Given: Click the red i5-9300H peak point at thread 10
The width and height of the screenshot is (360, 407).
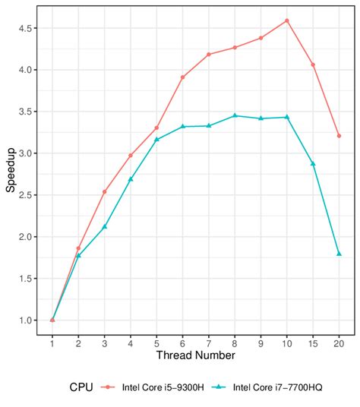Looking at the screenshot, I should pyautogui.click(x=286, y=21).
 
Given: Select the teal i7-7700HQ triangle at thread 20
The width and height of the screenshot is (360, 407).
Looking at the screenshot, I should pyautogui.click(x=339, y=254).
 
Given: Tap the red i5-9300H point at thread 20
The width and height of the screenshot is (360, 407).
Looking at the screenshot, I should pyautogui.click(x=339, y=136).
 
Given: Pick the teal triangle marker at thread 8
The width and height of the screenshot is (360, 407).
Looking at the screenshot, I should pyautogui.click(x=235, y=115).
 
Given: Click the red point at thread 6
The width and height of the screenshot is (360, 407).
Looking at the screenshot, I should pyautogui.click(x=182, y=77).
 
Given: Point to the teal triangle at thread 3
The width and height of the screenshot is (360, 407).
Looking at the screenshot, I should pyautogui.click(x=104, y=226).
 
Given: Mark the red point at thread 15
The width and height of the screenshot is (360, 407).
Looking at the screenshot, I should pyautogui.click(x=313, y=65).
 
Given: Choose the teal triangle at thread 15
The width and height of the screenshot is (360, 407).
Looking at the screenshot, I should pyautogui.click(x=313, y=163).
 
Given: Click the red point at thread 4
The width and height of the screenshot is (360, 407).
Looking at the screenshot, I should pyautogui.click(x=131, y=155).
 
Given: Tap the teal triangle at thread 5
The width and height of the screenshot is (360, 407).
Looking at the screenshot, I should pyautogui.click(x=156, y=140).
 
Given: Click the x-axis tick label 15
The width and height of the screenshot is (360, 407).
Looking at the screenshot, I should pyautogui.click(x=313, y=344).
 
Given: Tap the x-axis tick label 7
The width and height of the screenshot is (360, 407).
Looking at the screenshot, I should pyautogui.click(x=208, y=344).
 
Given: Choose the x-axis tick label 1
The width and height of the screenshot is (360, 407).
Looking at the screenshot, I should pyautogui.click(x=52, y=344).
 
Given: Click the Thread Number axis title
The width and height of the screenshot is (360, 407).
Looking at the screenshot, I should pyautogui.click(x=195, y=355).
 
